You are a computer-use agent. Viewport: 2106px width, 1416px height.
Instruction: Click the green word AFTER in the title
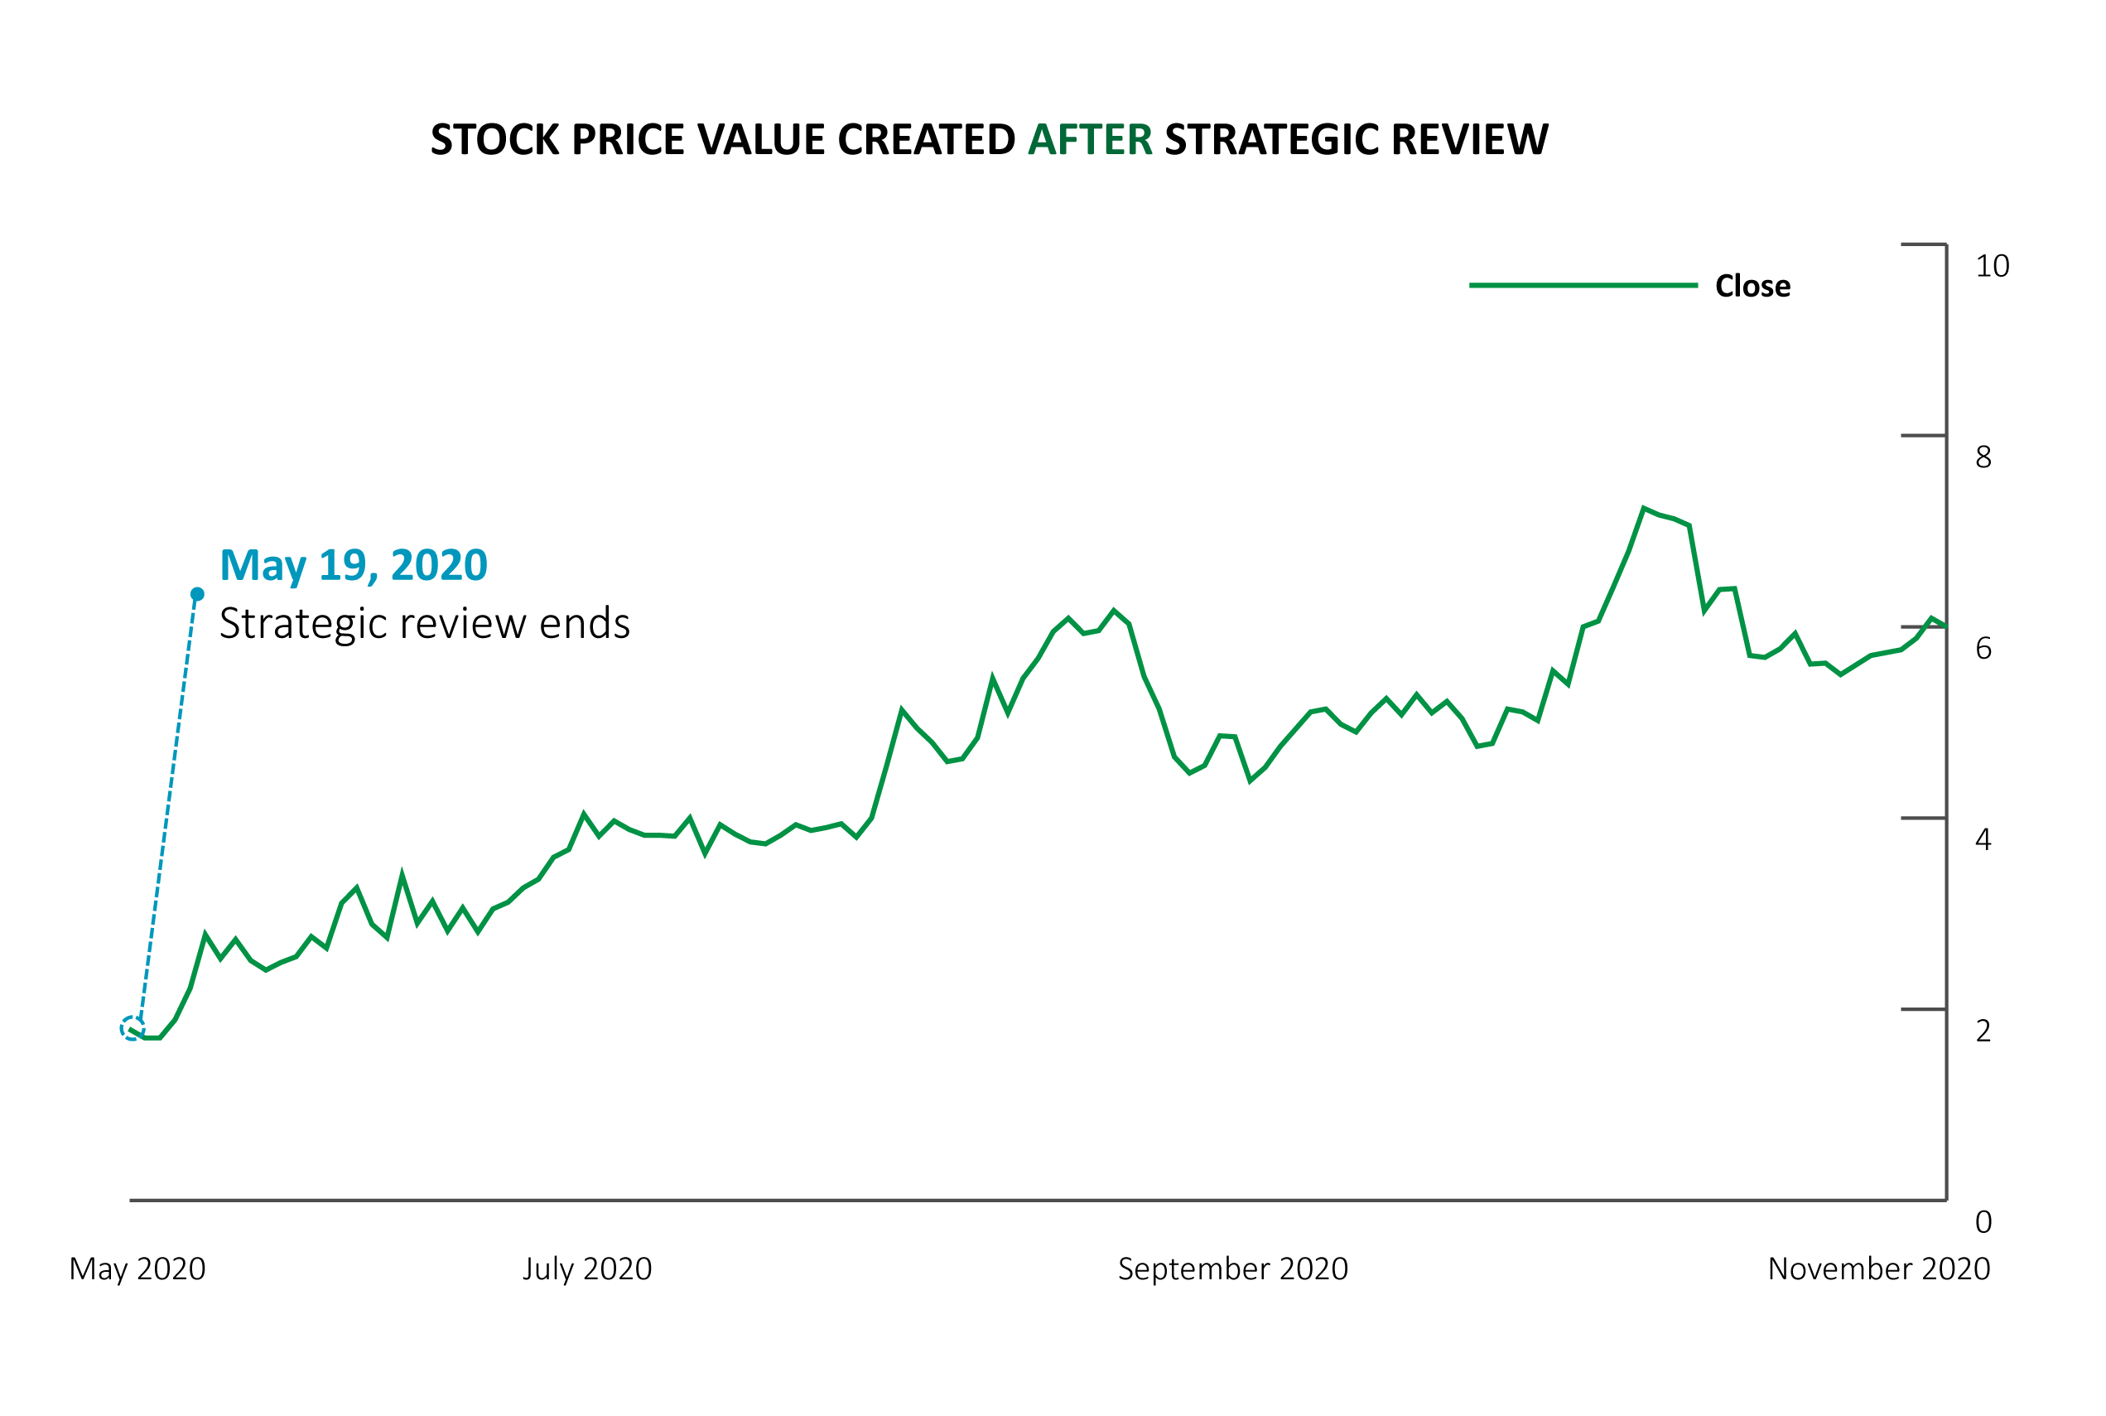point(1090,140)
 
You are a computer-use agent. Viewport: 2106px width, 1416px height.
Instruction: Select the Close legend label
point(1752,287)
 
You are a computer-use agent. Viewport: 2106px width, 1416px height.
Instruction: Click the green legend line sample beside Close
point(1583,285)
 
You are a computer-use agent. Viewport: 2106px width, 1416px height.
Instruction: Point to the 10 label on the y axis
point(1993,267)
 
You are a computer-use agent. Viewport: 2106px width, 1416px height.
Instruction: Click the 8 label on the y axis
point(1983,458)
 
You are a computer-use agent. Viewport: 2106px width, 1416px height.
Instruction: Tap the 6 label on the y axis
point(1983,649)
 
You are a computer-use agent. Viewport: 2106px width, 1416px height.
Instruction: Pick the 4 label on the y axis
point(1983,840)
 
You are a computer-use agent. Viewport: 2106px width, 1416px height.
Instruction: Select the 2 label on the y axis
point(1983,1032)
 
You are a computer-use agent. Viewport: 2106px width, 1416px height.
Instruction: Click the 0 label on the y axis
point(1983,1222)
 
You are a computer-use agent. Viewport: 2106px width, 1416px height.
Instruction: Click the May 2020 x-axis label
point(137,1269)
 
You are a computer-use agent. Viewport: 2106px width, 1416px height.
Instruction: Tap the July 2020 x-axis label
point(587,1269)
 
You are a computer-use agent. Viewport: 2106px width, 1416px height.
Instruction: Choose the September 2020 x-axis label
point(1232,1269)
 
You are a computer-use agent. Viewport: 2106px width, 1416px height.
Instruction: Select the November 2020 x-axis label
point(1878,1269)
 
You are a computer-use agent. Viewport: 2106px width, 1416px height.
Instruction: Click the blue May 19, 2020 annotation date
point(353,565)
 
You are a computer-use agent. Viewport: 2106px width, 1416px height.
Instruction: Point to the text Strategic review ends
point(424,624)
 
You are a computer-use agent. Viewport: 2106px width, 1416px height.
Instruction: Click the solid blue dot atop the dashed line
point(198,594)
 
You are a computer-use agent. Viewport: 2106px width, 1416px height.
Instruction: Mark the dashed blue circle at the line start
point(132,1028)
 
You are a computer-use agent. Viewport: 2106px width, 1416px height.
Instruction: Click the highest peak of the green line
point(1644,509)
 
